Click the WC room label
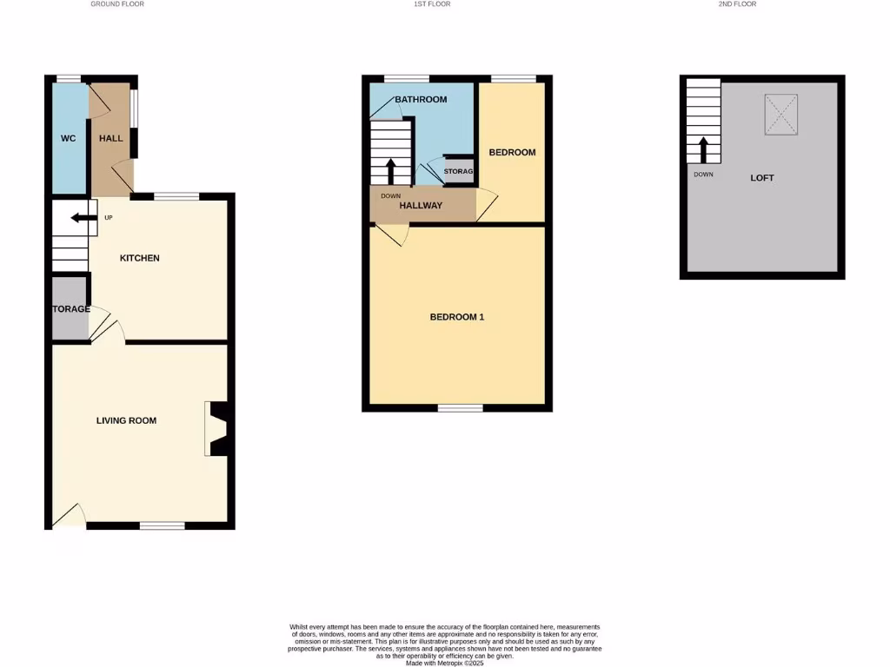68,138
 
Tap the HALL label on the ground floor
111,138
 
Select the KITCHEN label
140,258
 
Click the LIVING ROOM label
126,420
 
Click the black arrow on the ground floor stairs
83,218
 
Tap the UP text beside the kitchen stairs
109,217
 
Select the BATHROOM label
421,100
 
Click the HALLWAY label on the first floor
421,206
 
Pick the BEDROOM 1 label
457,317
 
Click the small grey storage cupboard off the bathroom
459,170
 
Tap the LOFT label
762,178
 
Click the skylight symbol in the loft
780,114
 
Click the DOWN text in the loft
704,174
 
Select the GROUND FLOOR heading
117,4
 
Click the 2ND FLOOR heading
737,4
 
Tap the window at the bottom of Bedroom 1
460,407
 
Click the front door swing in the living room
70,516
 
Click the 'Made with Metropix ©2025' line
444,662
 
